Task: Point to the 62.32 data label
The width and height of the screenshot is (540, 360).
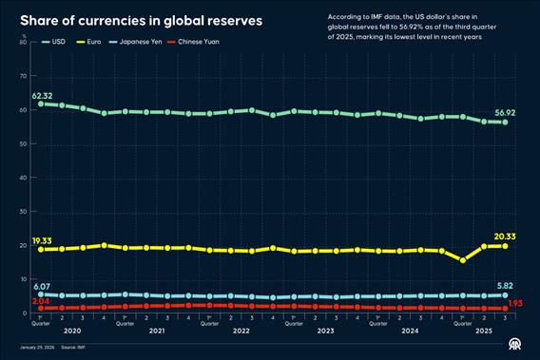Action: pos(42,96)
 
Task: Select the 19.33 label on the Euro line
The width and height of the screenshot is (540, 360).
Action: pos(42,240)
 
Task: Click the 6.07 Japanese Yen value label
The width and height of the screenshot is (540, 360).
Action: pos(43,286)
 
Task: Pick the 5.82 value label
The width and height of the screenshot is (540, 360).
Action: pos(507,286)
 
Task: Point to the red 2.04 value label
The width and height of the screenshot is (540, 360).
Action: pos(43,301)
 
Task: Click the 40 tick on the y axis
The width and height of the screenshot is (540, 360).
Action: pos(23,178)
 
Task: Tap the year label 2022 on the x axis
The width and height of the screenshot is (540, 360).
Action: pos(241,331)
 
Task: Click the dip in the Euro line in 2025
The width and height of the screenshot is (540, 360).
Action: pos(463,260)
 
